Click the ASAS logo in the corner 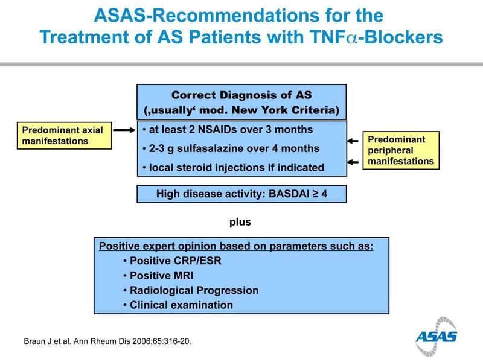click(436, 336)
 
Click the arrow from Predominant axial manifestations click(124, 130)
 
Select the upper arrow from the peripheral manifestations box click(353, 141)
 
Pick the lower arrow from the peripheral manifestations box click(353, 162)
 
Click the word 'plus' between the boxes click(240, 222)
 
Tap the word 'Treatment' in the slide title click(85, 37)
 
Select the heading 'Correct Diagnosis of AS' click(241, 95)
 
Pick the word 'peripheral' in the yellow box click(390, 150)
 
